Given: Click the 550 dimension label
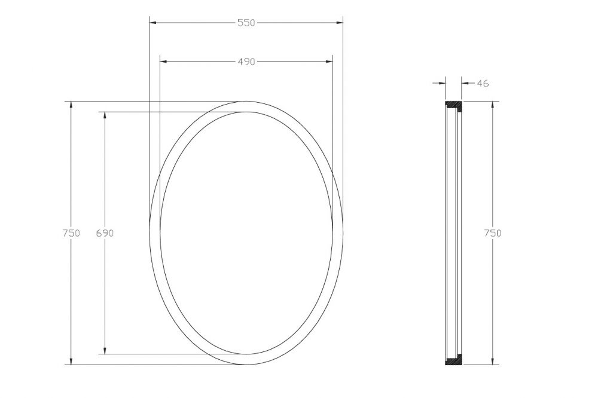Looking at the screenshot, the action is click(246, 23).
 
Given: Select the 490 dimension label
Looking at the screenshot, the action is click(246, 62).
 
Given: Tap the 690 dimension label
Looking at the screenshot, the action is click(105, 233).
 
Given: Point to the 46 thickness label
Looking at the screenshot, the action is click(483, 83).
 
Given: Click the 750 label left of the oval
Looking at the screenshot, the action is click(71, 233).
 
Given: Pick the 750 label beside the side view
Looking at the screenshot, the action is click(493, 233).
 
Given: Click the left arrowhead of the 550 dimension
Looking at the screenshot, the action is click(153, 23).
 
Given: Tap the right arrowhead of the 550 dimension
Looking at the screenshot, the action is click(339, 23).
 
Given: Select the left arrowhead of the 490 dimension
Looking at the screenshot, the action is click(164, 62).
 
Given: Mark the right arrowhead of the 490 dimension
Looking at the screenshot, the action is click(328, 62).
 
